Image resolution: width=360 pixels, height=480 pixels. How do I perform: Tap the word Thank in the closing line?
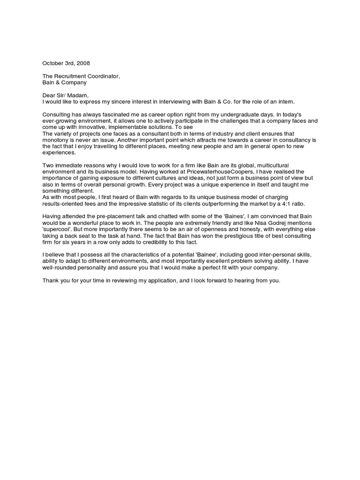pos(52,281)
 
